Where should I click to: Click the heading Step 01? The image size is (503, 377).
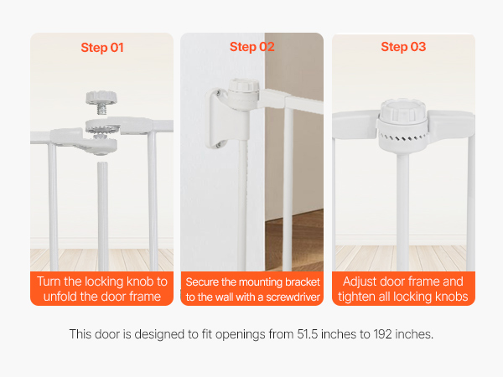tap(102, 48)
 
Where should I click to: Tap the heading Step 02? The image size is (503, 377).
tap(251, 47)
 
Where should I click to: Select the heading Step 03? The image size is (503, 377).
tap(403, 47)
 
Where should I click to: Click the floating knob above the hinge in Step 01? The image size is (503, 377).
tap(101, 97)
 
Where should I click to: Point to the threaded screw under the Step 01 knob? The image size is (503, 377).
tap(101, 110)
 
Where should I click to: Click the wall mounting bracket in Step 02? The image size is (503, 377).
tap(222, 119)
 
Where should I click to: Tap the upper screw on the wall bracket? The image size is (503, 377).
tap(218, 93)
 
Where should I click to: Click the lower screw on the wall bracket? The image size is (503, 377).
tap(218, 145)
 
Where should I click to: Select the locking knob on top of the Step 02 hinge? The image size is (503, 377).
tap(243, 85)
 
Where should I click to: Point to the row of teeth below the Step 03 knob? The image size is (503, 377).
tap(403, 138)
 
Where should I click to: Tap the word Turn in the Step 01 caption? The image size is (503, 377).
tap(49, 281)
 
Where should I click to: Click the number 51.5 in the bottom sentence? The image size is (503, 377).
tap(308, 334)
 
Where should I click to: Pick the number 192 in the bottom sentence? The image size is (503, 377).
tap(382, 334)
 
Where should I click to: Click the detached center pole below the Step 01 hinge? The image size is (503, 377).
tap(102, 216)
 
